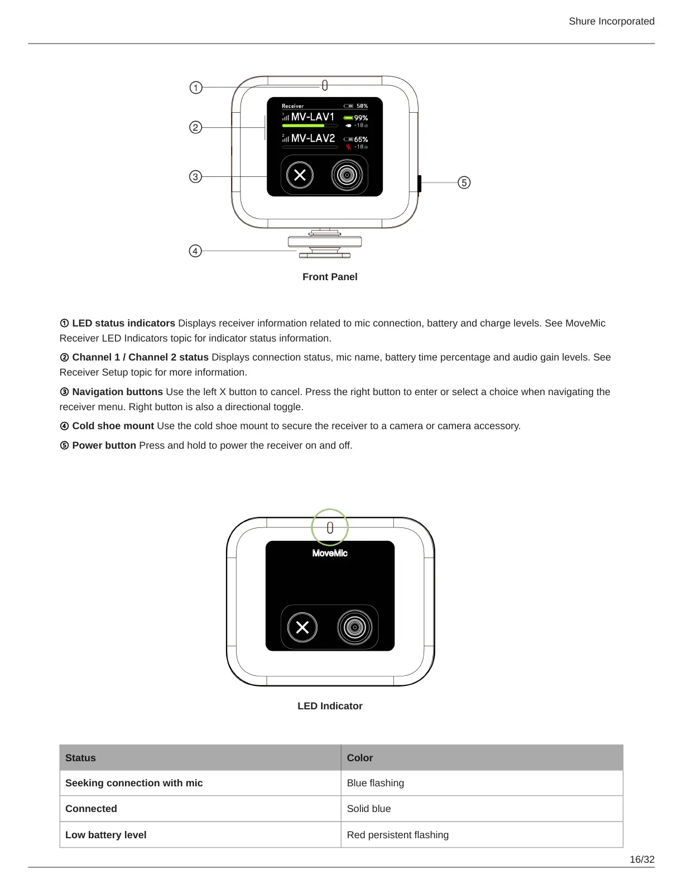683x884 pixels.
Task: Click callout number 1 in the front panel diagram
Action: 196,88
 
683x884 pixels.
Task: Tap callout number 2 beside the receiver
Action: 195,127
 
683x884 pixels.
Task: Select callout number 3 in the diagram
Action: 195,177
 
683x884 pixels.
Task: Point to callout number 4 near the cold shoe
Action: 195,251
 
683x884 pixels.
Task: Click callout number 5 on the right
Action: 464,182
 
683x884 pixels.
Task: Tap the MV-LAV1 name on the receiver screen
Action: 312,117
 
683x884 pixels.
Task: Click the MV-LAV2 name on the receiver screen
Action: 313,138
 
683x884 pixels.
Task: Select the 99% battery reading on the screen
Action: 360,118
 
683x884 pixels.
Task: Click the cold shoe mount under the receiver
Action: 325,244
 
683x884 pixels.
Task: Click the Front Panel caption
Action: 330,277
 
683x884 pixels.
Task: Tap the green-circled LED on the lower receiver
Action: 330,527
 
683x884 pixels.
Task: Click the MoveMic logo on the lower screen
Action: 330,553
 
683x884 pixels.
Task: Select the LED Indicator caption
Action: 330,706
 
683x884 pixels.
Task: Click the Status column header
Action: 80,758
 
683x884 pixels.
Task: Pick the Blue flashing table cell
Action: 376,783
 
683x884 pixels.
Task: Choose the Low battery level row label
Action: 106,835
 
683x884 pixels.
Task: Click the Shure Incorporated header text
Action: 612,21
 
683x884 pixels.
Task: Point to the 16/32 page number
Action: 642,859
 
